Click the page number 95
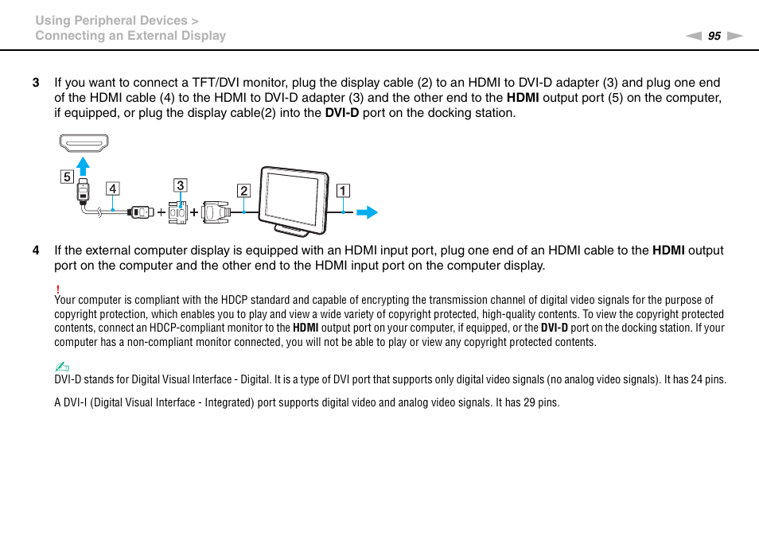(714, 36)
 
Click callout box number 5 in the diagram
(66, 177)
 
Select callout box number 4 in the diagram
(114, 188)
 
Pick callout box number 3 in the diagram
(181, 185)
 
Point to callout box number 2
(243, 191)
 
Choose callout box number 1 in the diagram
(342, 191)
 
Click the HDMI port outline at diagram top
(83, 144)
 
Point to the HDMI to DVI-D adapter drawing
(181, 212)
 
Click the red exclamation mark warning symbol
(58, 289)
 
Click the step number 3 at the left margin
(35, 83)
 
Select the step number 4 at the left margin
(35, 251)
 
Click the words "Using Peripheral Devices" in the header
(111, 21)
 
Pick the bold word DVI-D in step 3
(342, 113)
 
